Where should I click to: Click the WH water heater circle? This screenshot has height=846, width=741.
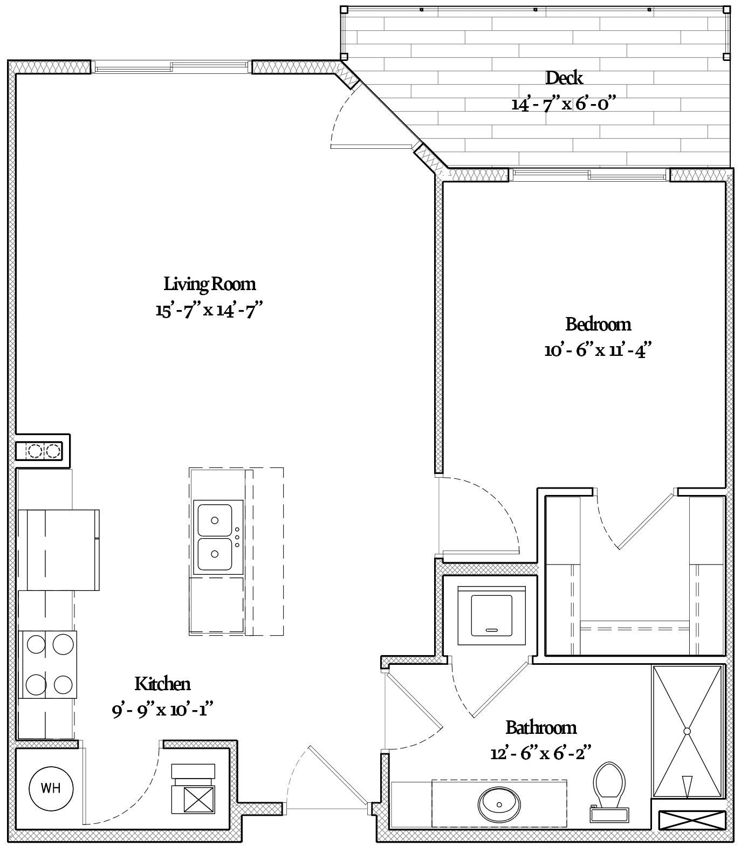click(x=51, y=788)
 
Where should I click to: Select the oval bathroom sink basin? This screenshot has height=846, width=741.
click(x=499, y=804)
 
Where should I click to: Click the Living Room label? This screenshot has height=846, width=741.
click(x=210, y=284)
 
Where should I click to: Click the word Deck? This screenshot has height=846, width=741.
click(x=564, y=78)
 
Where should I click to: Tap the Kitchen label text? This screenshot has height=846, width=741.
click(x=162, y=684)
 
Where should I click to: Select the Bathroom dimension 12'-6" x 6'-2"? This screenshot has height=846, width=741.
click(x=541, y=753)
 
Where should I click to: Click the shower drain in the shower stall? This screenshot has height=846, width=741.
click(x=687, y=731)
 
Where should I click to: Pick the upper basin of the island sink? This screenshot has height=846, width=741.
click(x=215, y=519)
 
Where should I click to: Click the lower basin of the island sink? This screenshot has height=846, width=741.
click(x=215, y=554)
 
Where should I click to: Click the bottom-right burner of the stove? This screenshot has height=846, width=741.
click(x=63, y=685)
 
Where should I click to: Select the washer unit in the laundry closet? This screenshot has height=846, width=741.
click(x=492, y=616)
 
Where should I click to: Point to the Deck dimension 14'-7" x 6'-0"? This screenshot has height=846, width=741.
click(x=564, y=104)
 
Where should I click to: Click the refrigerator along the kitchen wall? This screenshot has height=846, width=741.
click(x=59, y=549)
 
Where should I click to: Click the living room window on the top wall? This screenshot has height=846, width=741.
click(x=171, y=67)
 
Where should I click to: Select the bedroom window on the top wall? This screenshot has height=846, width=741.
click(x=589, y=175)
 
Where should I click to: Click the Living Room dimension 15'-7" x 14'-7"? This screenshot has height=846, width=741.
click(x=210, y=311)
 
